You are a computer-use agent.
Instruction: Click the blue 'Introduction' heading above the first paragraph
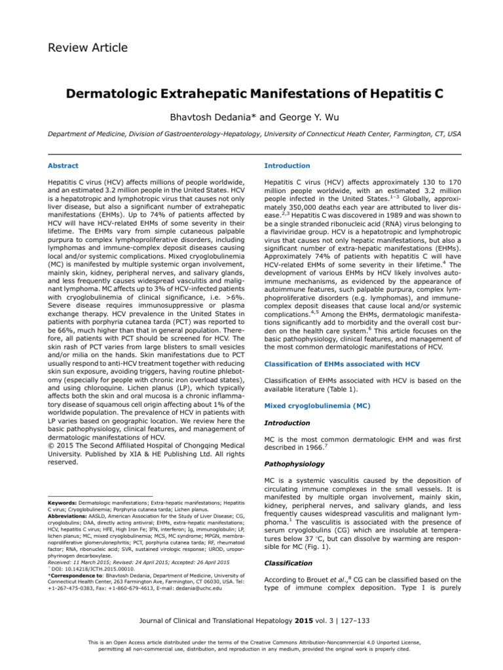click(x=286, y=166)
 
